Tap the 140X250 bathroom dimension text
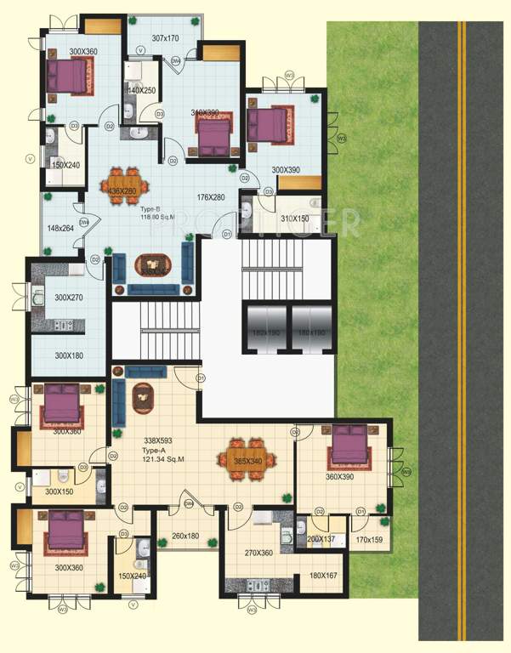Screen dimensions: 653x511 coord(143,91)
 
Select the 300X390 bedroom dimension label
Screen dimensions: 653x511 coord(287,170)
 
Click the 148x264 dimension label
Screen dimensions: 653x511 coord(62,228)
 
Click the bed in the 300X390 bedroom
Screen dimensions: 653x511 coord(272,124)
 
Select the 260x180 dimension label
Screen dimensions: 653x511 coord(185,536)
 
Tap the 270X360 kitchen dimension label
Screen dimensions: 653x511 coord(257,553)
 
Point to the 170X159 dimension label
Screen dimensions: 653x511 coord(370,540)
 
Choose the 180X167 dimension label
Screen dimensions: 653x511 coord(325,576)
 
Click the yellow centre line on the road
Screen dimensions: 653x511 coord(463,340)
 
